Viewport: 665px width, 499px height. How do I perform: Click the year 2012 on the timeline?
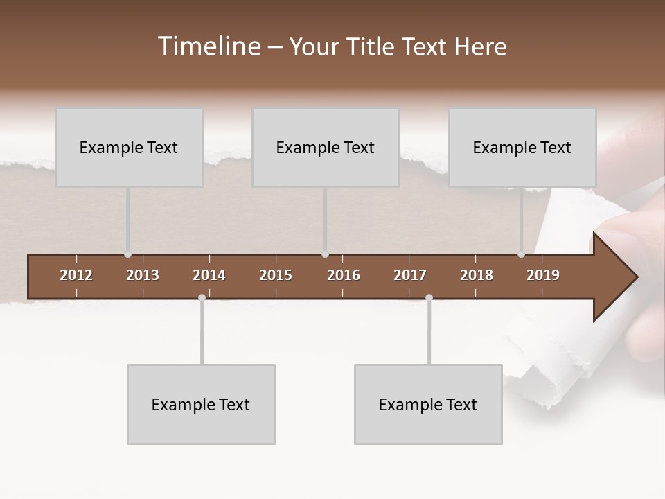76,275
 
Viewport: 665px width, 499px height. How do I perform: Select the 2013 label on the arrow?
143,275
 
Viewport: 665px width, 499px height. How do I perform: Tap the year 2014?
209,275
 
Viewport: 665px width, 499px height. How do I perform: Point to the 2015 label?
276,275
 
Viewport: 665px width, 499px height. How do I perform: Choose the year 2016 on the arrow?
344,275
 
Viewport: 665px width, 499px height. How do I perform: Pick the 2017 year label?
410,275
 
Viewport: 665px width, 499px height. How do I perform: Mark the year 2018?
477,275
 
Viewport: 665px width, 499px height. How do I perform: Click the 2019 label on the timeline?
543,275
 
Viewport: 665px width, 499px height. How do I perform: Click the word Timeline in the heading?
209,46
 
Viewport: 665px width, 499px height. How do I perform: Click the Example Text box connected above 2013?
129,147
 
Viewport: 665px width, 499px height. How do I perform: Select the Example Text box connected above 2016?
326,147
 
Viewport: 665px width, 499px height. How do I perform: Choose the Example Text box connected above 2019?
522,147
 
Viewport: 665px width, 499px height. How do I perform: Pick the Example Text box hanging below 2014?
201,404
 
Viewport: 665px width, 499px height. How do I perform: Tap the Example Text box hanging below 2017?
428,404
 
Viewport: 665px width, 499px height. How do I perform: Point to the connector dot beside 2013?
127,254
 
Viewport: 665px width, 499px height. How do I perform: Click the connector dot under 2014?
202,297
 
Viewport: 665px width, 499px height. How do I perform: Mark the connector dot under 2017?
429,297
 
